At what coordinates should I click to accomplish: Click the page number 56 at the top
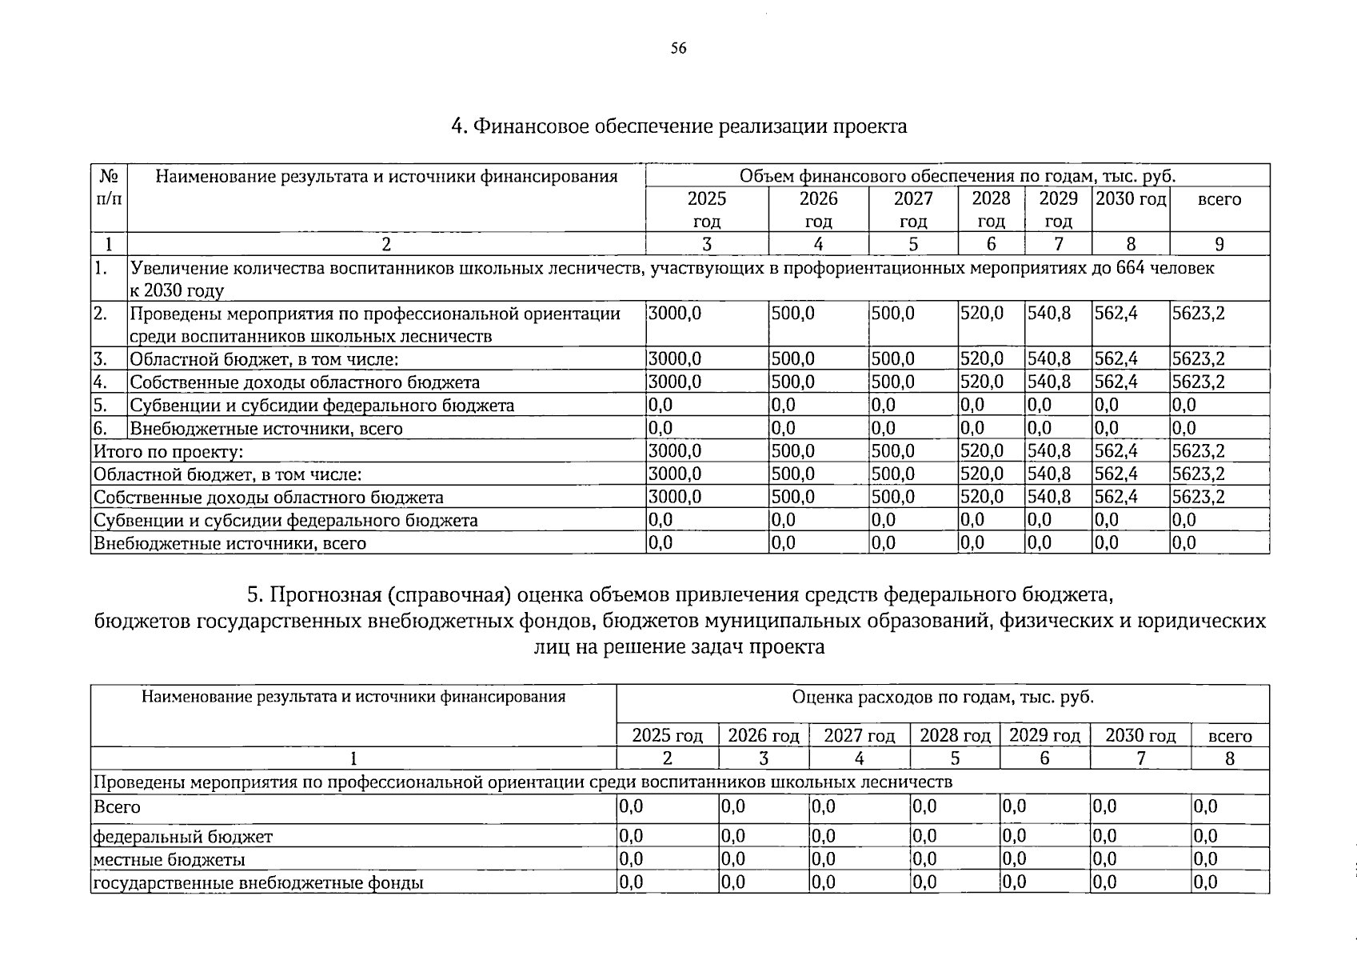tap(678, 49)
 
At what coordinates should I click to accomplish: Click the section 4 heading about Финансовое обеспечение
tap(678, 126)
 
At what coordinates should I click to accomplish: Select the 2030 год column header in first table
tap(1130, 198)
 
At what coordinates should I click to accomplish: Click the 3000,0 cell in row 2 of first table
tap(674, 314)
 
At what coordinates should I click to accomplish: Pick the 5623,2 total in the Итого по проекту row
tap(1198, 451)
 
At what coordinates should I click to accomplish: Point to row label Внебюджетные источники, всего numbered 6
tap(266, 429)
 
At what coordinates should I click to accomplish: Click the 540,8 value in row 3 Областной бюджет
tap(1049, 359)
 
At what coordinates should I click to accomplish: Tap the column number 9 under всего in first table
tap(1219, 244)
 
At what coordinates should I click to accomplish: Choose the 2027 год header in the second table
tap(859, 735)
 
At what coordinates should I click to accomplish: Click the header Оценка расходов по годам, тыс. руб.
tap(943, 698)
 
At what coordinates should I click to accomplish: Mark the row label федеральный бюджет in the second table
tap(183, 837)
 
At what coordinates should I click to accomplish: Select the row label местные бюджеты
tap(170, 860)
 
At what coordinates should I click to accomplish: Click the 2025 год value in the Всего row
tap(631, 807)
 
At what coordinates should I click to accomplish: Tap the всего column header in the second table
tap(1229, 736)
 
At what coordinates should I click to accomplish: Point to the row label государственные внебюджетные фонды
tap(258, 883)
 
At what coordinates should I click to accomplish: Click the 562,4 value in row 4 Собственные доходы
tap(1116, 382)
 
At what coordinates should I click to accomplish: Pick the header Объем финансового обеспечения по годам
tap(957, 176)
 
